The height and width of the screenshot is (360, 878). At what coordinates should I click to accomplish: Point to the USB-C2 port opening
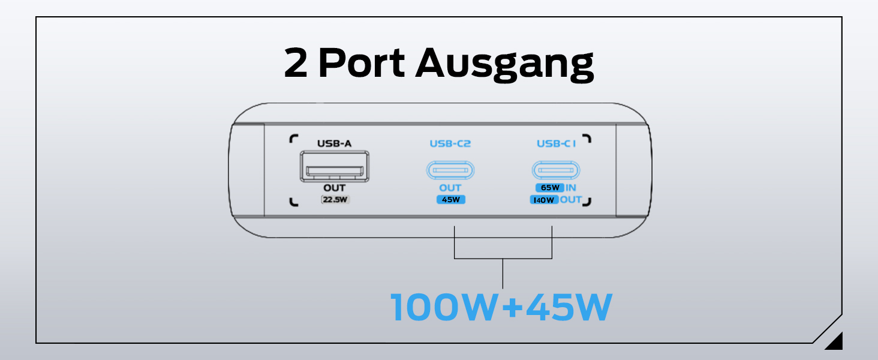pyautogui.click(x=450, y=170)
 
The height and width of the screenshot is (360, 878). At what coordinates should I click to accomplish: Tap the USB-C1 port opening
pyautogui.click(x=556, y=170)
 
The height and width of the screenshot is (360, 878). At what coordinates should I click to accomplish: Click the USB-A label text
pyautogui.click(x=334, y=143)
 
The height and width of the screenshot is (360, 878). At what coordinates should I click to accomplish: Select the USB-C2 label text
pyautogui.click(x=450, y=143)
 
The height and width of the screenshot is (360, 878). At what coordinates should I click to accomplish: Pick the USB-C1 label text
pyautogui.click(x=556, y=143)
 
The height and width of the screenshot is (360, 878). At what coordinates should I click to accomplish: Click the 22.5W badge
pyautogui.click(x=335, y=200)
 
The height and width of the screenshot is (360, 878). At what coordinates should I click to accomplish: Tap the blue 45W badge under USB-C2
pyautogui.click(x=450, y=200)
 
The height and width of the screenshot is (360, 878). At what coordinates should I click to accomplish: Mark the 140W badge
pyautogui.click(x=544, y=200)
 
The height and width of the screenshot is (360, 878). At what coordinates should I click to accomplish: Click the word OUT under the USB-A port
pyautogui.click(x=334, y=188)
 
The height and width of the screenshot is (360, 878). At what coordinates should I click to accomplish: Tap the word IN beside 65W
pyautogui.click(x=571, y=188)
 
